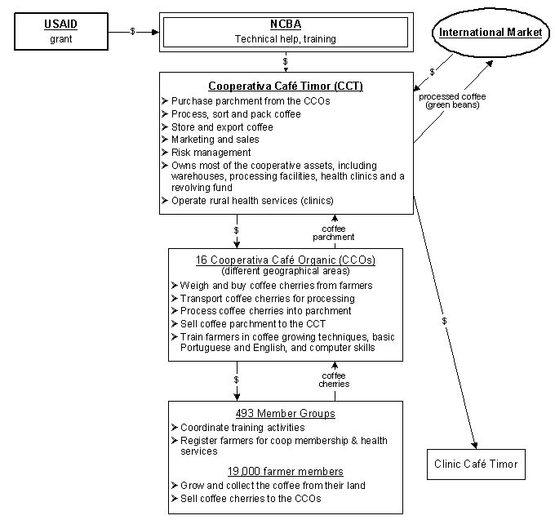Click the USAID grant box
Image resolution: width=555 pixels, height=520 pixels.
click(x=60, y=30)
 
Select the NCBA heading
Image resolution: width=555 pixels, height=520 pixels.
click(x=285, y=24)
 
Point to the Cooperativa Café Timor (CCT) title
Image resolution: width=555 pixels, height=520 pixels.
click(x=286, y=85)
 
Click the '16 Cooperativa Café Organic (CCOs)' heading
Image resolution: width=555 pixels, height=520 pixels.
click(x=286, y=260)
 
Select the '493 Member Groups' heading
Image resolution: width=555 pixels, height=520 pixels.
click(x=285, y=413)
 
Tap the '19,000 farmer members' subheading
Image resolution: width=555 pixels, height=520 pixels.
click(x=285, y=471)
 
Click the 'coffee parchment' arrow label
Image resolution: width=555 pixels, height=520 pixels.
click(x=333, y=233)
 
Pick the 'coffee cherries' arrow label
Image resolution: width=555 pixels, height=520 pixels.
click(x=333, y=380)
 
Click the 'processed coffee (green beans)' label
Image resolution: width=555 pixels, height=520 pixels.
click(x=451, y=100)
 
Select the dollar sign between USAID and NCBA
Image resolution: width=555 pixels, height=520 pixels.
click(x=133, y=31)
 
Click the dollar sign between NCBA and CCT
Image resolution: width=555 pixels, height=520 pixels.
click(x=285, y=60)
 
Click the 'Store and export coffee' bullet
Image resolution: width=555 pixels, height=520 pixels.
click(x=222, y=127)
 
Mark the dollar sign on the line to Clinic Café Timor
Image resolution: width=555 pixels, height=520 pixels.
click(x=445, y=322)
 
